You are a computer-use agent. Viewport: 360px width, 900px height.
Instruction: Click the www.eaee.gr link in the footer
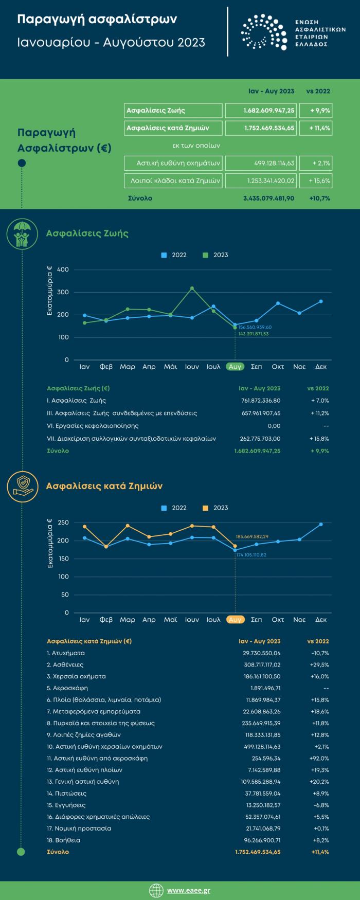(x=188, y=890)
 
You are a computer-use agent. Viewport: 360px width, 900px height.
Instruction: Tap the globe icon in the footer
(x=156, y=890)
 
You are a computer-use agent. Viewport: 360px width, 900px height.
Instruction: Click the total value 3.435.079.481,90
(x=268, y=198)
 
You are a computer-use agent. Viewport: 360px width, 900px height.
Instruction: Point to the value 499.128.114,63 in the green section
(x=275, y=164)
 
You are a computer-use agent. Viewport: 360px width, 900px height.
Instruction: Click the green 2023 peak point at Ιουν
(x=192, y=288)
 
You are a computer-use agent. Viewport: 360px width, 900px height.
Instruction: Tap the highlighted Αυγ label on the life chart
(x=235, y=367)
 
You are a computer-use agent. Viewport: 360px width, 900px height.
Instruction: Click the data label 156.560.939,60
(x=255, y=327)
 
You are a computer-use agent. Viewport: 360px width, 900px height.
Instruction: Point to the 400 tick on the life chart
(x=63, y=269)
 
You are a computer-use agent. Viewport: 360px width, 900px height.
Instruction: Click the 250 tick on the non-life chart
(x=63, y=523)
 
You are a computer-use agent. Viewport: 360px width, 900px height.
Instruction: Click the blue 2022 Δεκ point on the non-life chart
(x=321, y=524)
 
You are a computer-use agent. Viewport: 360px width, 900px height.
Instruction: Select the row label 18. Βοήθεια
(x=63, y=840)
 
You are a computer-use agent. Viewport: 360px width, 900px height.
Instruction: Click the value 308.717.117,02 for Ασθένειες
(x=262, y=664)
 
